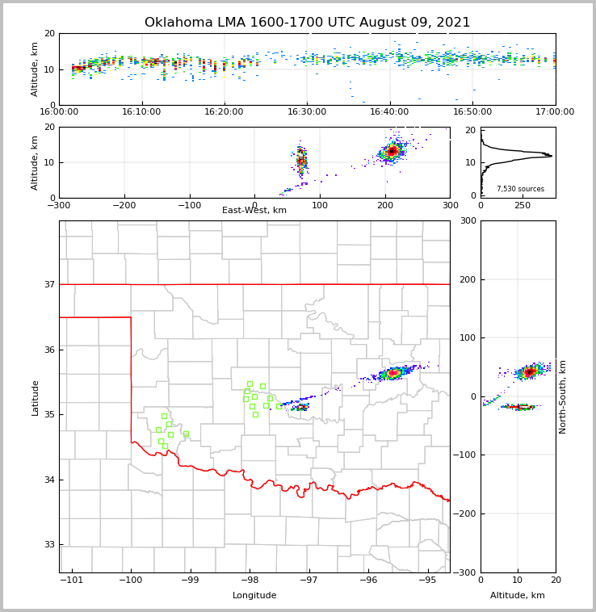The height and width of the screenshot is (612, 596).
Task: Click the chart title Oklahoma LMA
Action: (x=307, y=23)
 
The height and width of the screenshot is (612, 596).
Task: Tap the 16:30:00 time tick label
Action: (x=307, y=111)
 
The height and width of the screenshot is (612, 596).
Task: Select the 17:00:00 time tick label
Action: (x=555, y=111)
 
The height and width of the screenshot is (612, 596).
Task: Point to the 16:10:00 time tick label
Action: (x=142, y=111)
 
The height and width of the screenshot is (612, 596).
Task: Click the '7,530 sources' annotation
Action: (x=520, y=189)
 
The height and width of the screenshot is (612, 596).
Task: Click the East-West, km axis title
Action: (x=254, y=211)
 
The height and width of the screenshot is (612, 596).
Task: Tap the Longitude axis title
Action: (x=254, y=596)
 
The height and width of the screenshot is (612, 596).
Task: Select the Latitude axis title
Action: (x=36, y=397)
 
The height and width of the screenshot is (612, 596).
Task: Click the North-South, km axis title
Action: (x=563, y=396)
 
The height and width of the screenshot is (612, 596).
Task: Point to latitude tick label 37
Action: (x=49, y=284)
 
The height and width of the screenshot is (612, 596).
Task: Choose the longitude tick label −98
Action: (x=249, y=580)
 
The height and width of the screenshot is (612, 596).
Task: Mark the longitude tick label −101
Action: (x=71, y=580)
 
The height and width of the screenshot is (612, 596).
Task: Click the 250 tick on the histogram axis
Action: (x=523, y=205)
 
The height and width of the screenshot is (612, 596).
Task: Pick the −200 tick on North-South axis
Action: (x=466, y=513)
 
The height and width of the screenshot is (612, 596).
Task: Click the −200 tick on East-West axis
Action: (x=124, y=205)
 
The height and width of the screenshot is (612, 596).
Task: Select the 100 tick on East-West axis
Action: (x=320, y=205)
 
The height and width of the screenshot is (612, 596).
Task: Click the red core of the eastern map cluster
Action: (x=393, y=373)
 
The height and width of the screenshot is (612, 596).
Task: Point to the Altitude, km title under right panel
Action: (x=518, y=596)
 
